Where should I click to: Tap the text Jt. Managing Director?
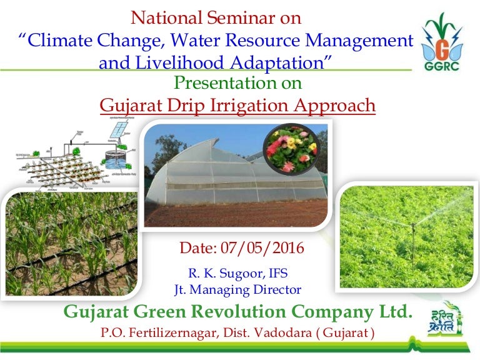coord(237,289)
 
